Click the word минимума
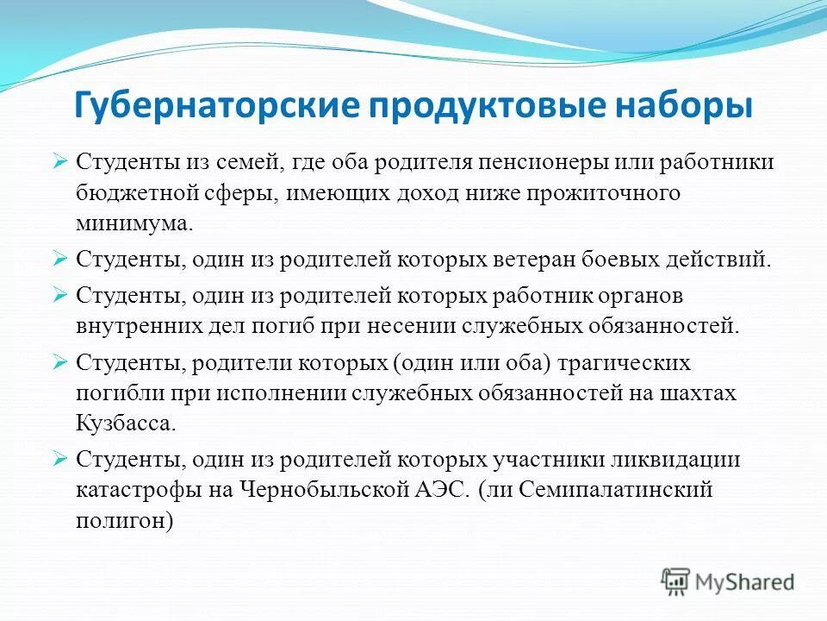coord(134,223)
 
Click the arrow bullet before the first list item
coord(59,161)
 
